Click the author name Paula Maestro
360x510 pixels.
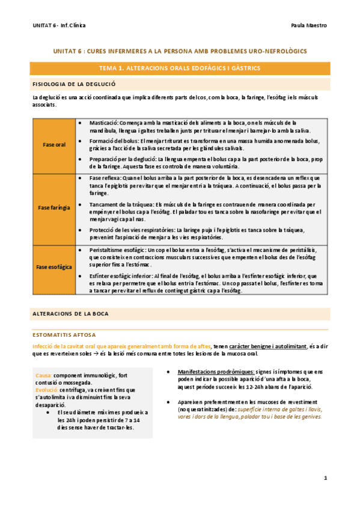click(x=310, y=26)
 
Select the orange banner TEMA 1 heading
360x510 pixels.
click(x=180, y=69)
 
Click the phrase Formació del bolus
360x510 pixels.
click(x=112, y=140)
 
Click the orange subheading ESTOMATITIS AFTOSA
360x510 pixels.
click(x=64, y=334)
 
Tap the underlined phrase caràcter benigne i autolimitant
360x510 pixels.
click(x=269, y=346)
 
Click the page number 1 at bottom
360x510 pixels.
click(x=325, y=479)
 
